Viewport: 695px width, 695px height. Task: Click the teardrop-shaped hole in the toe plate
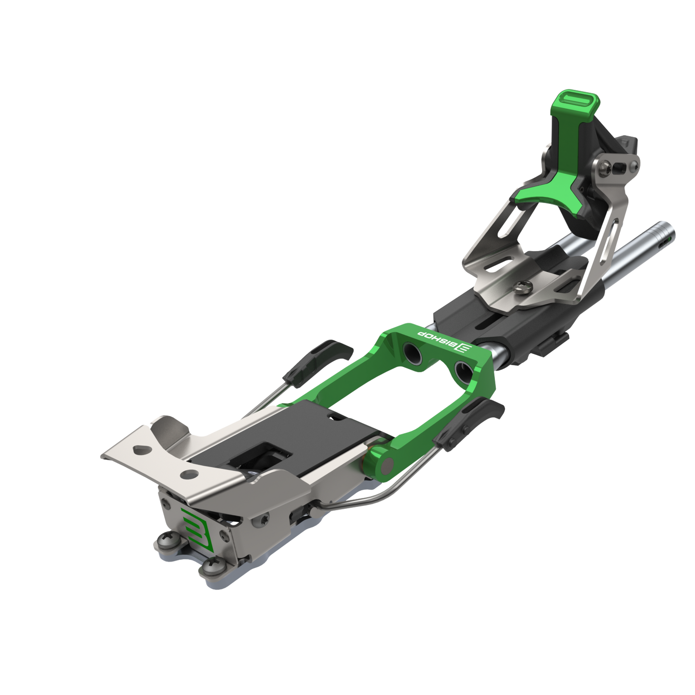click(x=140, y=449)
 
